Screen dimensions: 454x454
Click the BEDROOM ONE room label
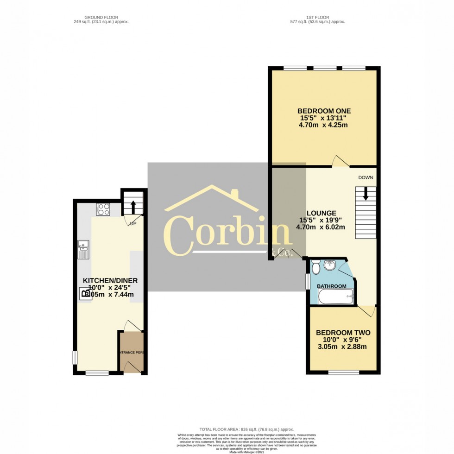324,111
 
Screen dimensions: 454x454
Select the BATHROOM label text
332,286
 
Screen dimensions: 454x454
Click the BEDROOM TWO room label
343,333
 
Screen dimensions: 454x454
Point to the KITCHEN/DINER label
110,281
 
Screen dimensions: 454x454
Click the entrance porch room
131,352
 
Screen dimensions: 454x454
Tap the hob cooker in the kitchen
103,209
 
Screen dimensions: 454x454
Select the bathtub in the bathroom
335,297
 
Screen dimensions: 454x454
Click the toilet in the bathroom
316,267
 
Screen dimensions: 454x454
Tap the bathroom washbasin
330,265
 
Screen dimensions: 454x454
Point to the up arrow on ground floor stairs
132,206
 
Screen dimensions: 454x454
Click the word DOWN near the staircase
365,177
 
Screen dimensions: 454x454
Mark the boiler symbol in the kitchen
86,293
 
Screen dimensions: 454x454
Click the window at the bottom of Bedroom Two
343,372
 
